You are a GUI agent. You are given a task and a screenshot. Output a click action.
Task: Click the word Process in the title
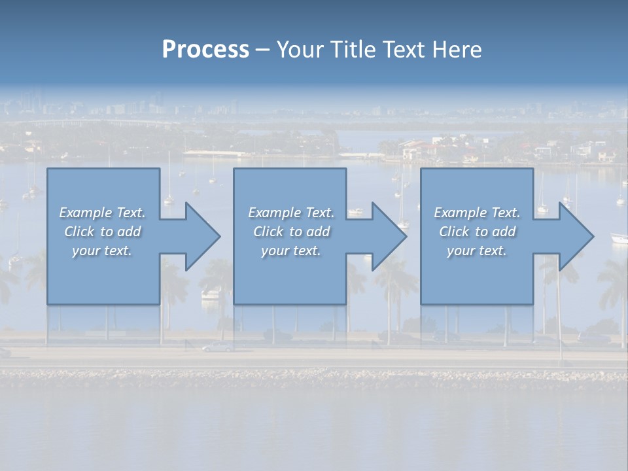(205, 50)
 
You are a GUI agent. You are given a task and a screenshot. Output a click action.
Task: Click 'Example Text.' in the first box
(102, 213)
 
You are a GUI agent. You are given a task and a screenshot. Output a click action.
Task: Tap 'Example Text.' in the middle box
(290, 213)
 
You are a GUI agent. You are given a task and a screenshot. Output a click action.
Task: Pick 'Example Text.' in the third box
(477, 213)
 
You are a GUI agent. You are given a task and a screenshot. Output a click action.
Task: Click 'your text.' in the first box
(102, 251)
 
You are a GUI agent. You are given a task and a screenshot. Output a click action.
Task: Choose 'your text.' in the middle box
(290, 251)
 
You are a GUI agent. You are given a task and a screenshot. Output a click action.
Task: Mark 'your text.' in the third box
(477, 251)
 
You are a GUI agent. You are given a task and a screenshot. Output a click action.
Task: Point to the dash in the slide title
(262, 50)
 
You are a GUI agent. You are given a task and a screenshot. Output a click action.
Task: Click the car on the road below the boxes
(217, 347)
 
